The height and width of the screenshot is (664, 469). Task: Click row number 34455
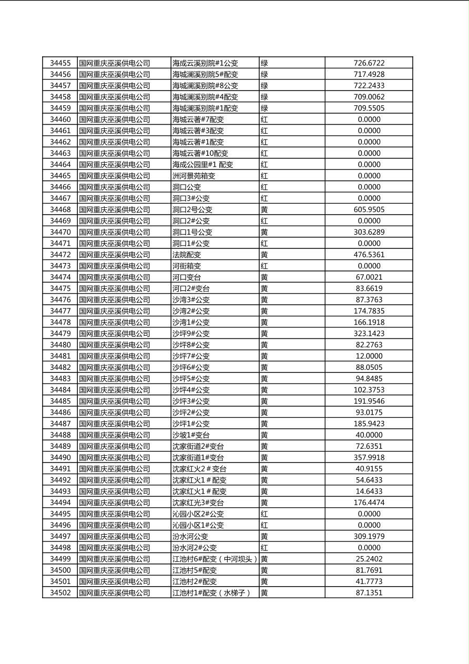pos(60,63)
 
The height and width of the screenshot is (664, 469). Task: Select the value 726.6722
pos(369,63)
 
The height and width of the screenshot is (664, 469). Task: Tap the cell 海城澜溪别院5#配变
pos(205,75)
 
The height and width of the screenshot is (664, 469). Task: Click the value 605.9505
pos(369,209)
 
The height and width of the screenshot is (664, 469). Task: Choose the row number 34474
pos(60,277)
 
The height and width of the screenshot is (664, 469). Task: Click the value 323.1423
pos(369,334)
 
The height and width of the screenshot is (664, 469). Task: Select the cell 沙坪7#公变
pos(191,356)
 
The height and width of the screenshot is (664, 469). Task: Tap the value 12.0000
pos(369,356)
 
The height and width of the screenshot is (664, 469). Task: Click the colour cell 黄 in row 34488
pos(264,435)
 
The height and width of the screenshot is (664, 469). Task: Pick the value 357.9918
pos(369,458)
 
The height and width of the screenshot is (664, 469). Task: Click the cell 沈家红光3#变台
pos(198,502)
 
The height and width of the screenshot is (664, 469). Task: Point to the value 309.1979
pos(369,537)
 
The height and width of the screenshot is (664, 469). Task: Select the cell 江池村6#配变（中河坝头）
pos(215,559)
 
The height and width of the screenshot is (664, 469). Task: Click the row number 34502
pos(60,593)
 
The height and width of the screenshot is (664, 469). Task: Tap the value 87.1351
pos(369,593)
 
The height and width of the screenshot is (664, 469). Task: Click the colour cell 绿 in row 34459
pos(264,108)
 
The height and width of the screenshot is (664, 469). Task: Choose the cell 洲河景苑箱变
pos(193,176)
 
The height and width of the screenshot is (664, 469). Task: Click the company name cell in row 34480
pos(115,345)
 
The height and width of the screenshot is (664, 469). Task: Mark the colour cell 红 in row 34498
pos(264,548)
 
